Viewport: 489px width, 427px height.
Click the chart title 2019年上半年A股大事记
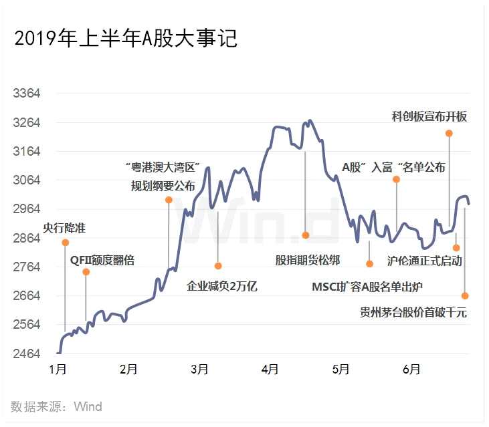tap(126, 39)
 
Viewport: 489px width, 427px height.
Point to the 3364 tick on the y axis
tap(27, 94)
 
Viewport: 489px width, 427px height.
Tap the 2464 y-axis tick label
tap(27, 353)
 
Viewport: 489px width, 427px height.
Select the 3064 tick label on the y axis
tap(27, 180)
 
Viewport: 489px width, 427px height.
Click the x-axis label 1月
tap(58, 369)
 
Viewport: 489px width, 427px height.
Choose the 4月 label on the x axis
tap(270, 369)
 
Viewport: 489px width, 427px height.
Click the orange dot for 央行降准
tap(66, 243)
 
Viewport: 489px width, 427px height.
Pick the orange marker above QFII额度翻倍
tap(86, 272)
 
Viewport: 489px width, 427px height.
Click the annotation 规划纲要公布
tap(163, 186)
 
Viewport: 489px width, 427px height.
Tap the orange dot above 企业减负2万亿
tap(218, 266)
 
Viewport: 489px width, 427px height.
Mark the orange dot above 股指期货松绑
tap(305, 235)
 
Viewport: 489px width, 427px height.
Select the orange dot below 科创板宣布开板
tap(449, 134)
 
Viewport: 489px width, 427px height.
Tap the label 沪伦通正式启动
tap(425, 261)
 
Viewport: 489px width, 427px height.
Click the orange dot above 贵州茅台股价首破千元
tap(465, 295)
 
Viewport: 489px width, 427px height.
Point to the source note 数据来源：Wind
tap(56, 406)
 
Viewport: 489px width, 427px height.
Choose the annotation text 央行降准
tap(64, 229)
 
